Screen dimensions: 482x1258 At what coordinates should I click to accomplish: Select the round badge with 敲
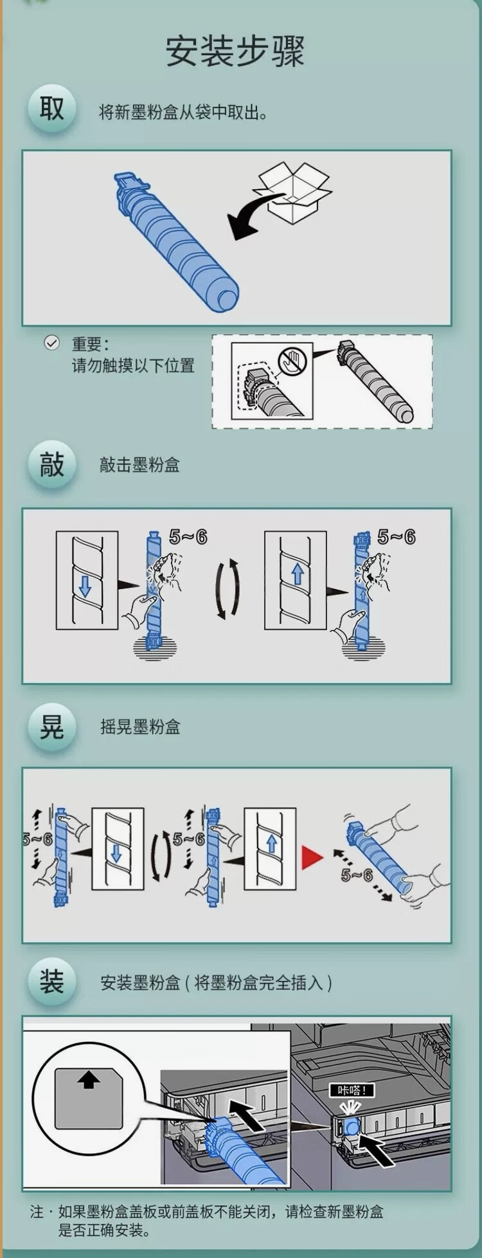52,464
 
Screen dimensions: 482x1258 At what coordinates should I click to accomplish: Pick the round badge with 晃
52,727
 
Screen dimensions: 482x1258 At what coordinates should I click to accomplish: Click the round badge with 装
52,982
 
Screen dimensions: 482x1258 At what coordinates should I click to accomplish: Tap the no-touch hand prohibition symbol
293,360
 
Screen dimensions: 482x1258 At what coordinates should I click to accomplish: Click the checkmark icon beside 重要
52,343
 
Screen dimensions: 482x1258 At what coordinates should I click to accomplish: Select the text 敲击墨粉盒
139,465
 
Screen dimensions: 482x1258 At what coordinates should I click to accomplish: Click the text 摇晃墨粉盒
140,727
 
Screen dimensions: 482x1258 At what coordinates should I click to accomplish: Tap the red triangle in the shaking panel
312,858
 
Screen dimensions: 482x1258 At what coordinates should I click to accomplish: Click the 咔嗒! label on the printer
352,1089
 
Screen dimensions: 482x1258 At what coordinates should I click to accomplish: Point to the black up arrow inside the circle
88,1080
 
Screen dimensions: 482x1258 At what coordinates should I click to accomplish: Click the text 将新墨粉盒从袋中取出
183,113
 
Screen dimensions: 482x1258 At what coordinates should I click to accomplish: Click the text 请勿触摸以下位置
133,366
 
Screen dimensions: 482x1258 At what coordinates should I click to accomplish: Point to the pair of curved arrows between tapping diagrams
228,589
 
